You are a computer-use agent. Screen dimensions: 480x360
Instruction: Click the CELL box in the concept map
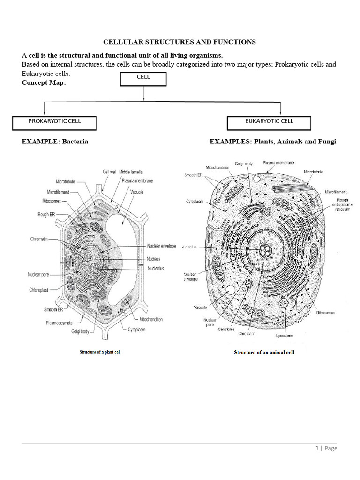pyautogui.click(x=143, y=79)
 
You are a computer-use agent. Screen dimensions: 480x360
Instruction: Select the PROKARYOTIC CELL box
pyautogui.click(x=55, y=122)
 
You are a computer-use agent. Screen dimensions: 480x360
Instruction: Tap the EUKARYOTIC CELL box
pyautogui.click(x=269, y=122)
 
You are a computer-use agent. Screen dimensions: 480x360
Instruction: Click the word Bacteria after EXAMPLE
pyautogui.click(x=75, y=141)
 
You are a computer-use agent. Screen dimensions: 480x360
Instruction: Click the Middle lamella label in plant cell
pyautogui.click(x=131, y=172)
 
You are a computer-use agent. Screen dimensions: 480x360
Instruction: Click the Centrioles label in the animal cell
pyautogui.click(x=226, y=329)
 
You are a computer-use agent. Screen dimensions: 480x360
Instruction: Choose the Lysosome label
pyautogui.click(x=285, y=336)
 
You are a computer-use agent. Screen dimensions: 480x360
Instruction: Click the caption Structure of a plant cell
pyautogui.click(x=100, y=352)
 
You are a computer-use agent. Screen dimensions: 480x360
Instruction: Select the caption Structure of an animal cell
pyautogui.click(x=264, y=352)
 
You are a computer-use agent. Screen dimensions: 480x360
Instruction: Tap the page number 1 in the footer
pyautogui.click(x=317, y=448)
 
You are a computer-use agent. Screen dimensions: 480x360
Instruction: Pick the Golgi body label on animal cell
pyautogui.click(x=243, y=164)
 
